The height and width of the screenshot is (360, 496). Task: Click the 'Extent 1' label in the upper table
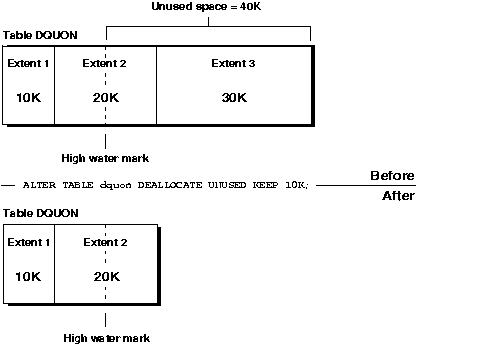tap(28, 64)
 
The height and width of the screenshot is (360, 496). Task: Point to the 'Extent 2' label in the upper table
tap(105, 64)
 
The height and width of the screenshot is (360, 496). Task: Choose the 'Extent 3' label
tap(233, 64)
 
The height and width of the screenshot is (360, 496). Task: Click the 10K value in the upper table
tap(28, 97)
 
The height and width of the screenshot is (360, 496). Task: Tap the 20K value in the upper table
tap(105, 97)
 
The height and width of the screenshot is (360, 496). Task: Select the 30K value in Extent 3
tap(233, 97)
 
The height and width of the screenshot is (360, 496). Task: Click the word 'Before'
tap(392, 176)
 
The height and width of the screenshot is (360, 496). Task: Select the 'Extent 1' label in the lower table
tap(28, 243)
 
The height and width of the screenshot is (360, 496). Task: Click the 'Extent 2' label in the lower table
tap(105, 243)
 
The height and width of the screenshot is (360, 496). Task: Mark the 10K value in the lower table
tap(28, 276)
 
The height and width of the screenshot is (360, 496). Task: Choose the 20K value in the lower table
tap(105, 276)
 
